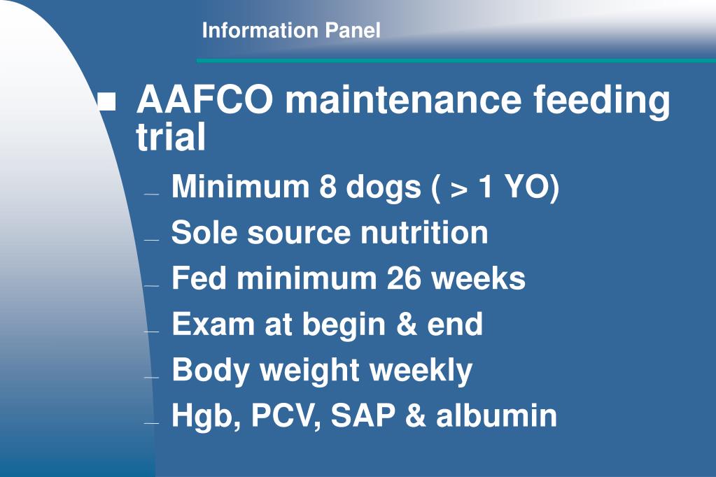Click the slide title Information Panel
pyautogui.click(x=291, y=31)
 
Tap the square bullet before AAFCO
pyautogui.click(x=107, y=104)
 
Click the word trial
pyautogui.click(x=171, y=138)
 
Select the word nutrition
pyautogui.click(x=424, y=232)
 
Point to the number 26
pyautogui.click(x=405, y=278)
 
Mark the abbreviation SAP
pyautogui.click(x=363, y=415)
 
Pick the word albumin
pyautogui.click(x=497, y=415)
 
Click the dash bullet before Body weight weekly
pyautogui.click(x=152, y=377)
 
